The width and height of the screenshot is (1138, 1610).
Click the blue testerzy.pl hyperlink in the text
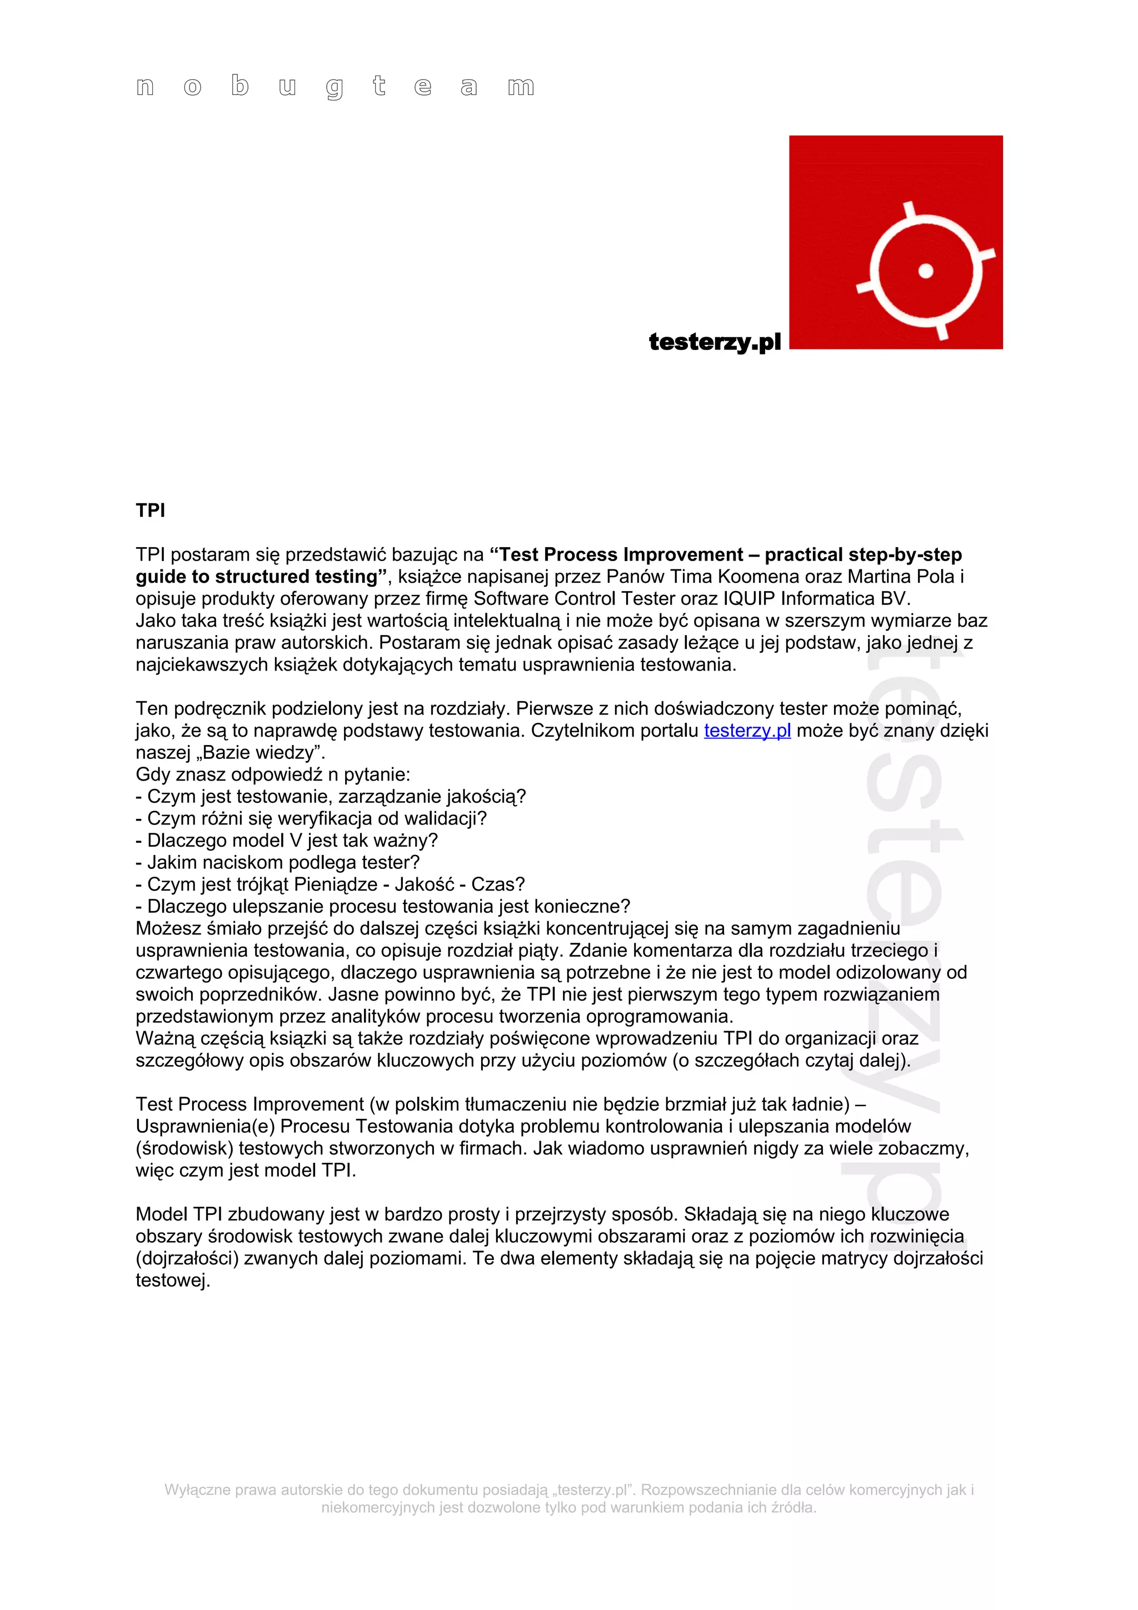(x=747, y=731)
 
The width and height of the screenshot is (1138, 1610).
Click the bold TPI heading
(x=150, y=511)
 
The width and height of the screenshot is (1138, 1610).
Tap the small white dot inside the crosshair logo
(x=926, y=271)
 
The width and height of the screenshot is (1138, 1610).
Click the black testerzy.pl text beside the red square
(x=715, y=342)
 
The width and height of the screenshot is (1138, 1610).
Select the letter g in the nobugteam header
(x=335, y=88)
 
